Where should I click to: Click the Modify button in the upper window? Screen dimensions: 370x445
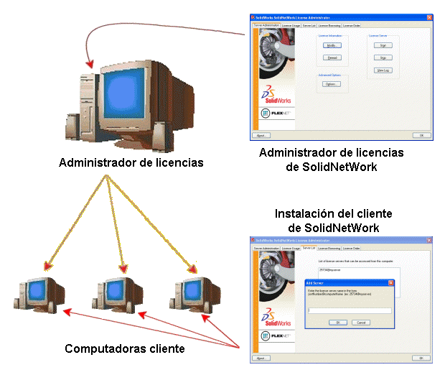coord(331,45)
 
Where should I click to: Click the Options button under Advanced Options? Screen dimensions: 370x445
coord(331,84)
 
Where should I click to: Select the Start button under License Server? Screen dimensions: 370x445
coord(383,45)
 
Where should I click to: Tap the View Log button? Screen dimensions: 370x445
coord(383,70)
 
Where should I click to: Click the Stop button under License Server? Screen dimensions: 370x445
coord(383,57)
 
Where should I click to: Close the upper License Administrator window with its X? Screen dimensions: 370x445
coord(429,17)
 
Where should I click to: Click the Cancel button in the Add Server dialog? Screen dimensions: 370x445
coord(361,323)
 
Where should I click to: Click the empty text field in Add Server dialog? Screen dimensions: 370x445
coord(350,310)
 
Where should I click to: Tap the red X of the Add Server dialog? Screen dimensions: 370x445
coord(390,283)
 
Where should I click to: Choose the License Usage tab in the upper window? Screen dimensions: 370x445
coord(291,25)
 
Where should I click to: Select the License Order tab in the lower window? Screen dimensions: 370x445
coord(352,248)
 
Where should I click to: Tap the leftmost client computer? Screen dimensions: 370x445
coord(41,295)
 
